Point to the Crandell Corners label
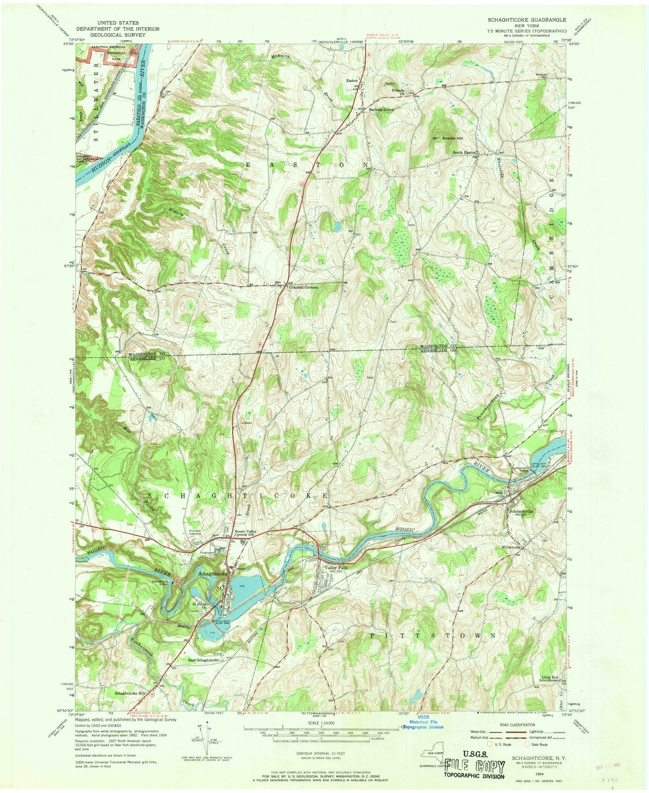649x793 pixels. pyautogui.click(x=303, y=287)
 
